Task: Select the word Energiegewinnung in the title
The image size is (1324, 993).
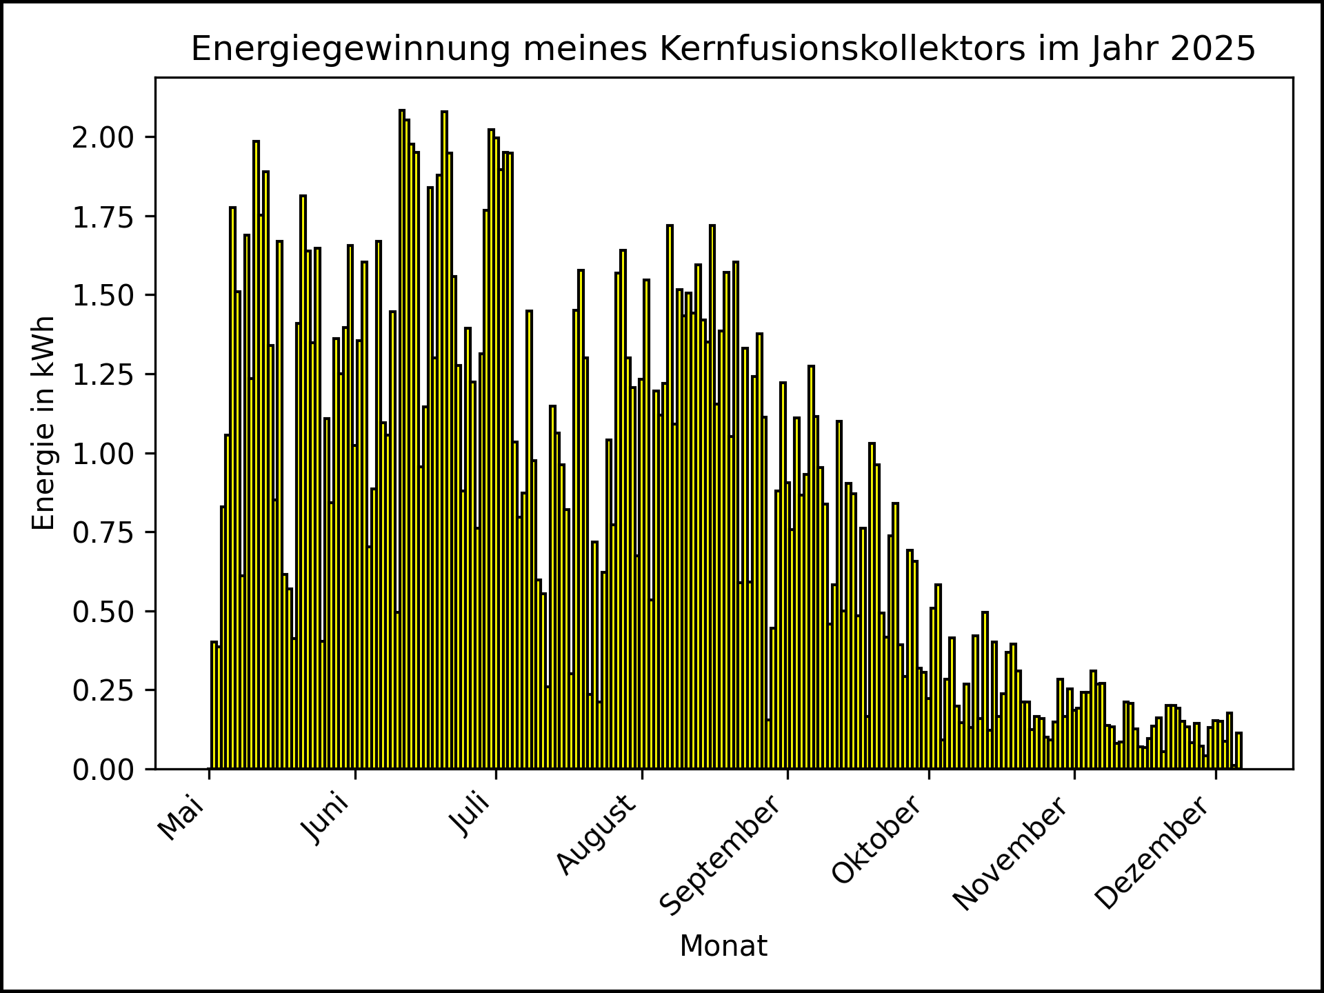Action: [x=351, y=50]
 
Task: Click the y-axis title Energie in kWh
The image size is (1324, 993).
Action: [x=44, y=423]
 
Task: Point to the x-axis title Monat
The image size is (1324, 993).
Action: [x=723, y=946]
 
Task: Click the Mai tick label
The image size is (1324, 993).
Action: [x=181, y=819]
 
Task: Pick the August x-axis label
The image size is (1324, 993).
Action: [x=596, y=835]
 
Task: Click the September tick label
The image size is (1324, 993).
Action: [x=721, y=856]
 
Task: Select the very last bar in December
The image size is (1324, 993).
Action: [x=1239, y=752]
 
